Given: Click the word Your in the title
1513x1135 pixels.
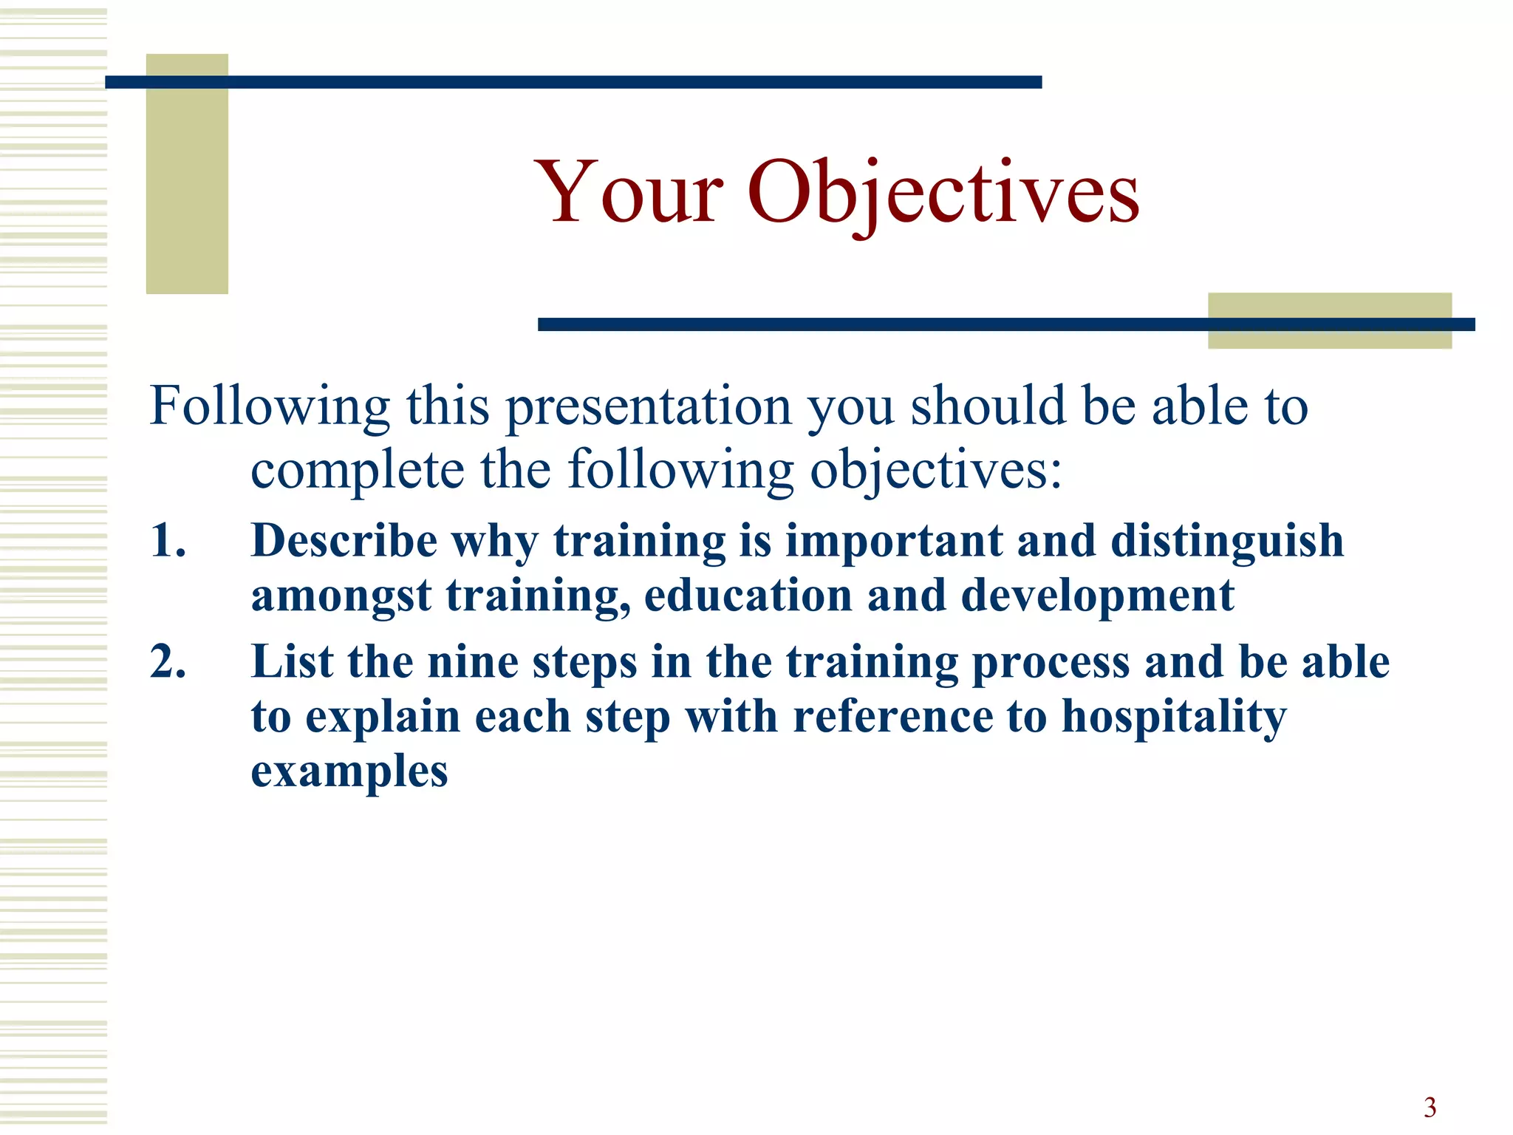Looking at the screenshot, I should (629, 194).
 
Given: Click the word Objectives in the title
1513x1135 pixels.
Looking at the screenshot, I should (943, 194).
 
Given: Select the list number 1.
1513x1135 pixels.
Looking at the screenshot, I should (168, 540).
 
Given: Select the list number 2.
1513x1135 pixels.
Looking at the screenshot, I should (168, 661).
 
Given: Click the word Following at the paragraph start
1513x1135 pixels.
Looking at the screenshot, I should (269, 407).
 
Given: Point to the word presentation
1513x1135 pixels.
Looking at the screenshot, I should (648, 407).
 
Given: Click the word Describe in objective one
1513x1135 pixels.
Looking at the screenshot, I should (344, 540).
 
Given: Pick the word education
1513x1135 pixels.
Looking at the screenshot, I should (748, 596).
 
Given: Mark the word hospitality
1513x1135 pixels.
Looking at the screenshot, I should (1174, 717).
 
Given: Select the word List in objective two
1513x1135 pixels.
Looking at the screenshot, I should (292, 661).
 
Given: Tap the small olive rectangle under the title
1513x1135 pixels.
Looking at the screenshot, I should (1329, 310).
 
